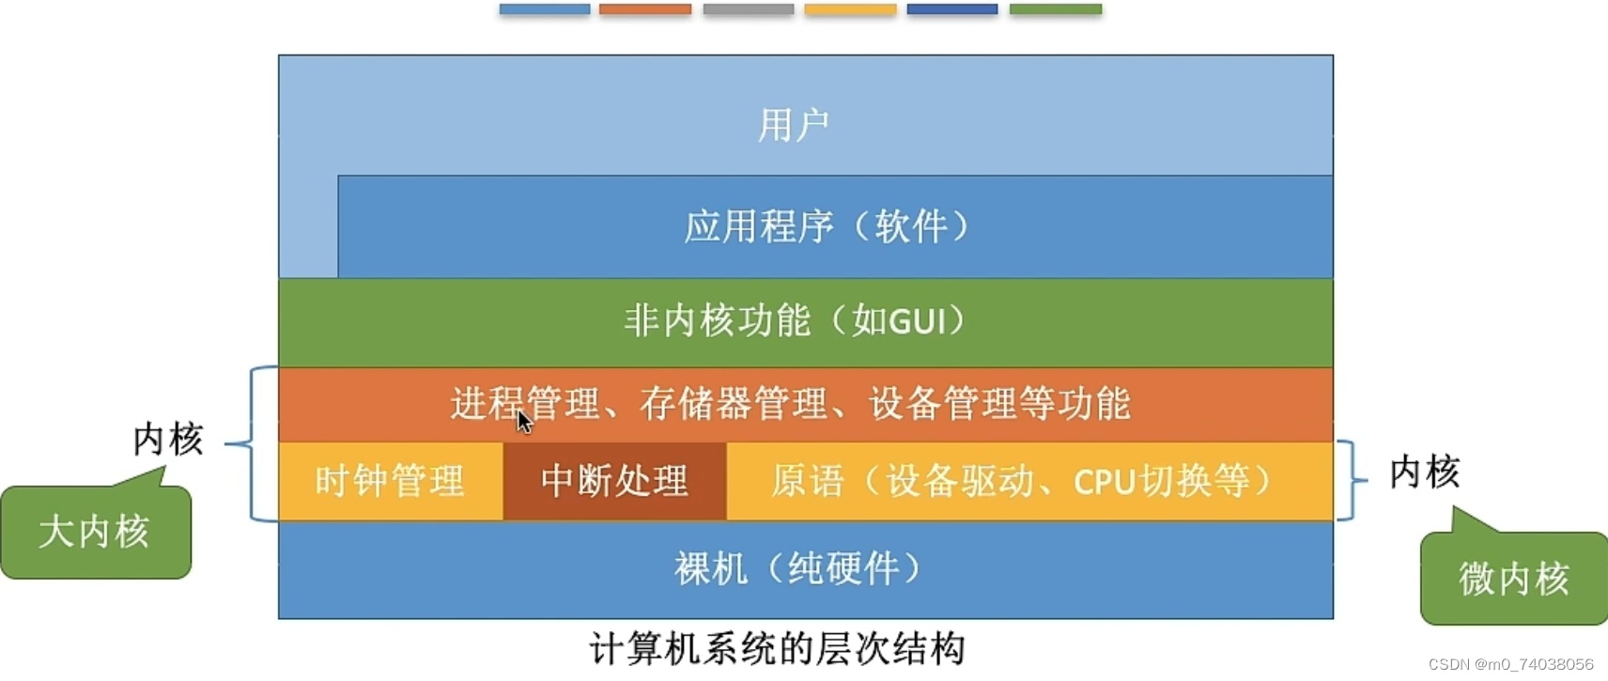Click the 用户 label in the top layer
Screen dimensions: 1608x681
[x=794, y=125]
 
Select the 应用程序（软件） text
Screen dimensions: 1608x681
[x=827, y=226]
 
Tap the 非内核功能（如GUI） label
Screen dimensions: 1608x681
[x=795, y=321]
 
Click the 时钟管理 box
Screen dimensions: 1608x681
[x=390, y=481]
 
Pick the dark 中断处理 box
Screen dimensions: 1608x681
[x=614, y=481]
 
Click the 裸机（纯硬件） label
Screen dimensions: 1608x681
[x=797, y=568]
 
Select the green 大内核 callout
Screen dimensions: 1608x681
[x=95, y=532]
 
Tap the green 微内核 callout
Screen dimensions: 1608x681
[x=1513, y=578]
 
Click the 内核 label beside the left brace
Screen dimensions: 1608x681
[x=168, y=439]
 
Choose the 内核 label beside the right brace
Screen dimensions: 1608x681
[x=1424, y=472]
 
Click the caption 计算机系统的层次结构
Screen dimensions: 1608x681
[x=777, y=649]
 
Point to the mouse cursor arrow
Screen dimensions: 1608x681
[x=524, y=422]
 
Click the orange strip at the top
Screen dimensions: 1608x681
[x=645, y=9]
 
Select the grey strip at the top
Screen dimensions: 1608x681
[x=748, y=9]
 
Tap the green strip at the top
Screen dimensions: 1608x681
[x=1055, y=9]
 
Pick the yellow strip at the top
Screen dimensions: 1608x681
[x=850, y=9]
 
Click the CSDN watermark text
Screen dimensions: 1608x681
[x=1510, y=664]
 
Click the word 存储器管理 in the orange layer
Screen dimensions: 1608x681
[x=733, y=404]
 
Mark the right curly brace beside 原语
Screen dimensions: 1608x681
[x=1351, y=480]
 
